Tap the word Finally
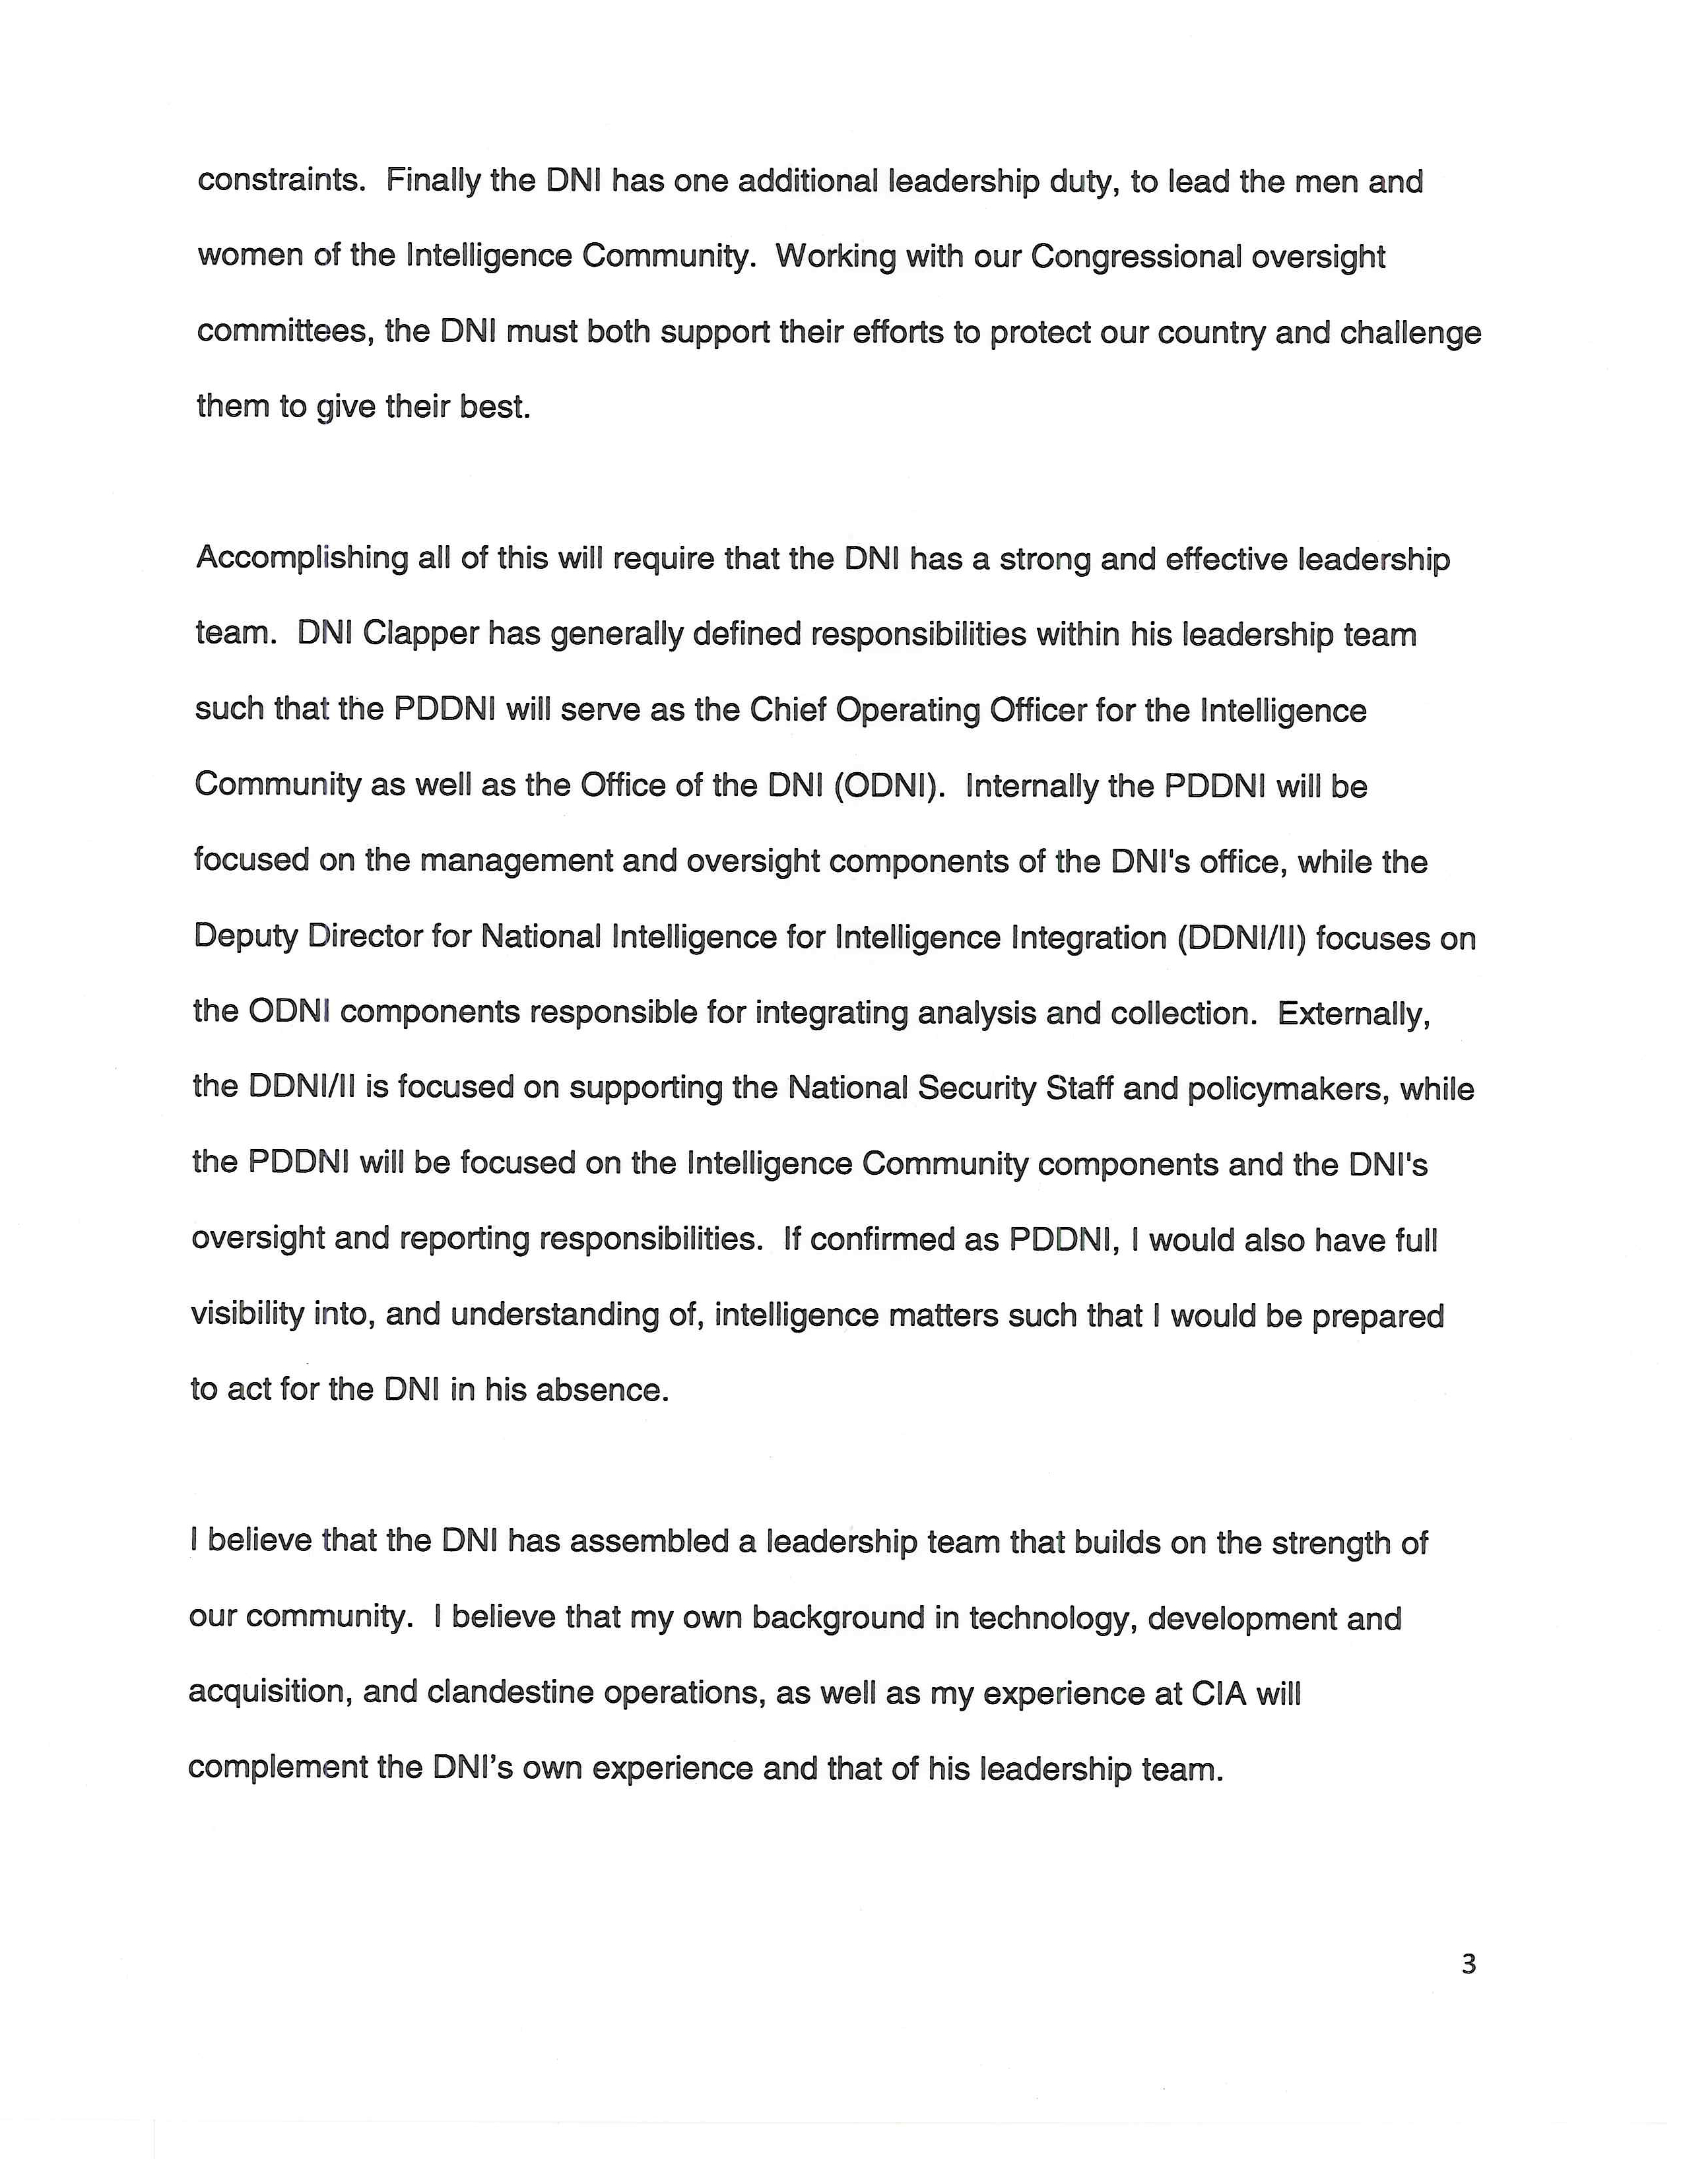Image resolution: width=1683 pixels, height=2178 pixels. pos(432,181)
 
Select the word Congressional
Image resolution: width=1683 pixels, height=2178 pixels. pos(1136,257)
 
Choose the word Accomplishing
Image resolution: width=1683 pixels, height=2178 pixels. pos(301,558)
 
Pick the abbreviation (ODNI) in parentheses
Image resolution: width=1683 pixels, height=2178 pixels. pos(887,786)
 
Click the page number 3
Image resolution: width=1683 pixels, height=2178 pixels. pos(1468,1965)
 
